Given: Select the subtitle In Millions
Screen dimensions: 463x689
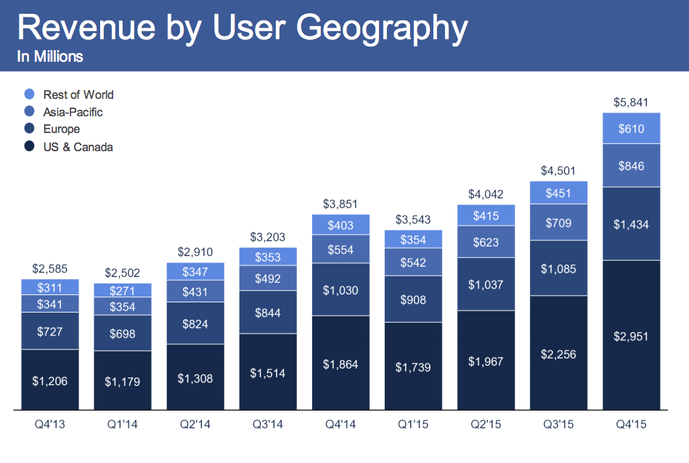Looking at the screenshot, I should (x=50, y=57).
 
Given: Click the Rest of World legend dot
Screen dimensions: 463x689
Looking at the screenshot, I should (x=30, y=94).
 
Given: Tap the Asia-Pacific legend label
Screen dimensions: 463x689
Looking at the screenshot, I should (x=73, y=112).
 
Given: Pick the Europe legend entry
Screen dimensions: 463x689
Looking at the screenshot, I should (x=61, y=129).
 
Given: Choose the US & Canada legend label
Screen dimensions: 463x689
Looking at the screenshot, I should (x=78, y=147).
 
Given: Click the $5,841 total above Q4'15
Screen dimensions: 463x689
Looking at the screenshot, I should (x=631, y=102).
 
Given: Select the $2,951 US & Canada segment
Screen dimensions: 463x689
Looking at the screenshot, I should (x=631, y=337).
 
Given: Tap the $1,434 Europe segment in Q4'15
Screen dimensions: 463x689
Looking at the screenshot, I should (x=631, y=224).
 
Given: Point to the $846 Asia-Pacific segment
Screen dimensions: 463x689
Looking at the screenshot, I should (x=631, y=166).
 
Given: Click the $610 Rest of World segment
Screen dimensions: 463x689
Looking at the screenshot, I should (x=631, y=129).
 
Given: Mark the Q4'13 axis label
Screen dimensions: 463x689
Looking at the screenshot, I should (x=49, y=424).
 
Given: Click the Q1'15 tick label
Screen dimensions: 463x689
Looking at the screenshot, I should (x=413, y=424).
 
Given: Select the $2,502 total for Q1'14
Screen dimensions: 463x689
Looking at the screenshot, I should (x=123, y=273).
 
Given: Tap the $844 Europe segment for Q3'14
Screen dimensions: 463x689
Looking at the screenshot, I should (x=268, y=313).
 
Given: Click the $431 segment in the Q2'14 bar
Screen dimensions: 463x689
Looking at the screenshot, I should (x=195, y=291).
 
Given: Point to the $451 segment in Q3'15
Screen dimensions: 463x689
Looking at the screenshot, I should (x=558, y=193).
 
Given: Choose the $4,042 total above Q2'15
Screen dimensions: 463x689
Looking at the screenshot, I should (x=486, y=195).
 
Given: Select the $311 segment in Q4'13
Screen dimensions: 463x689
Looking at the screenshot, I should (x=49, y=287).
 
